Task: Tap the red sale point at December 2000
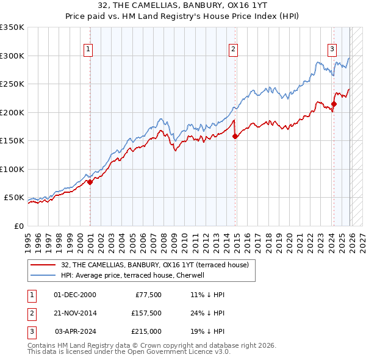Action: (90, 182)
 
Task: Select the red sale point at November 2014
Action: (235, 136)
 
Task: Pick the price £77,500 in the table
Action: (146, 295)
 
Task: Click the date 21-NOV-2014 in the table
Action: (75, 313)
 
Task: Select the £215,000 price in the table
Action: (146, 331)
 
